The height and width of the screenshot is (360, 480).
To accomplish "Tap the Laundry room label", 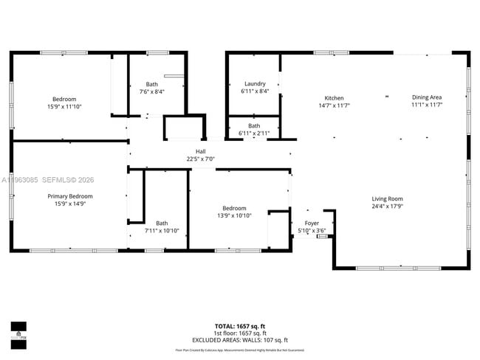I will click(255, 84).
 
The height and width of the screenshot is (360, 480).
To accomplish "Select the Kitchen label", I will click(334, 98).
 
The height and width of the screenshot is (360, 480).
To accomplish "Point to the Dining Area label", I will click(426, 98).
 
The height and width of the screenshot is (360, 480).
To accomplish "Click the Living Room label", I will click(387, 198).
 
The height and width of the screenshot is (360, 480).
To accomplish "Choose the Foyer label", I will click(311, 224).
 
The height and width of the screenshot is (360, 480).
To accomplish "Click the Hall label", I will click(200, 151).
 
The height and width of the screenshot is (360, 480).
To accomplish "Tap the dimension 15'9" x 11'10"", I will click(64, 106).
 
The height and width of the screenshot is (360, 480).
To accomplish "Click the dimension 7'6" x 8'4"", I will click(151, 91).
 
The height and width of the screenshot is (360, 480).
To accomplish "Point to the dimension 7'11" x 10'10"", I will click(162, 231).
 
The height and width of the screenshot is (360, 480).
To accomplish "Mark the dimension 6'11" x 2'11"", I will click(254, 133).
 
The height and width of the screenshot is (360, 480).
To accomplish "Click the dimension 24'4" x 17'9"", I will click(387, 206).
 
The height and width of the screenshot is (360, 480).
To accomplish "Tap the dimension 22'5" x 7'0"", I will click(200, 159).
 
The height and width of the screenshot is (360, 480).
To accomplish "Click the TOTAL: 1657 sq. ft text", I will click(239, 325).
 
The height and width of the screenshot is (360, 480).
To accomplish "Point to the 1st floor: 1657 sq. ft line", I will click(239, 333).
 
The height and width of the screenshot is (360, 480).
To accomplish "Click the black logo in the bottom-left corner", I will click(18, 335).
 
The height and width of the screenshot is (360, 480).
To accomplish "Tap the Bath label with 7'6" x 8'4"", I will click(151, 84).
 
